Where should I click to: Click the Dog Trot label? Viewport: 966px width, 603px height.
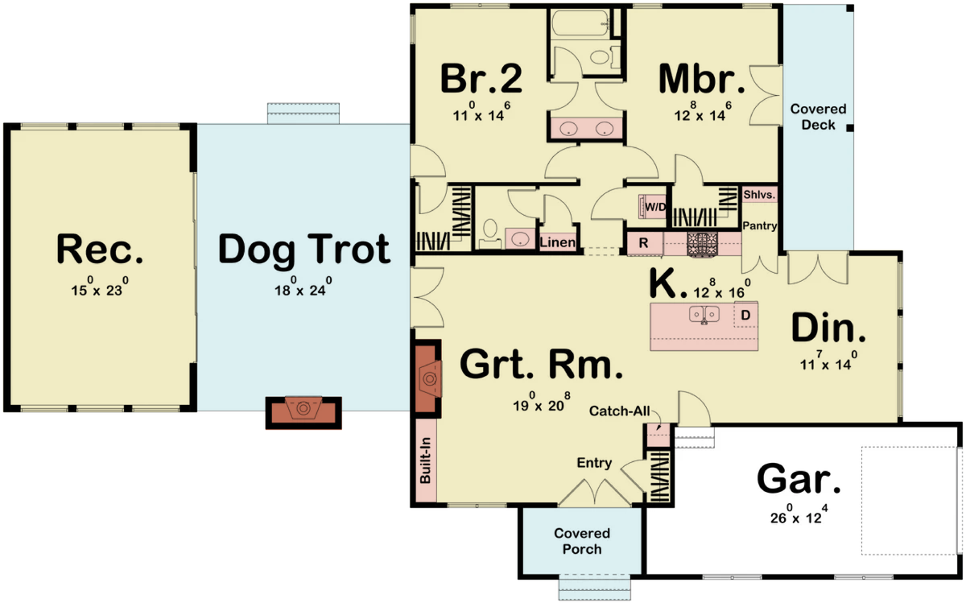tap(304, 250)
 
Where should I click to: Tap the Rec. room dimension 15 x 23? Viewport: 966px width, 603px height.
tap(100, 287)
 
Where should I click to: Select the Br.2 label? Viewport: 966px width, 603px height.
tap(481, 79)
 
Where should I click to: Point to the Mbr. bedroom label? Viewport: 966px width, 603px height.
tap(702, 79)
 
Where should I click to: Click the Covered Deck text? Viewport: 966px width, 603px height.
tap(818, 117)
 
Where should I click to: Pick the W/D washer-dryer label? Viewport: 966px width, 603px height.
tap(655, 207)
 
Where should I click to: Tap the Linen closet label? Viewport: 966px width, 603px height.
tap(557, 242)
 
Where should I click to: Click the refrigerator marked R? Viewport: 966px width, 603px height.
tap(644, 244)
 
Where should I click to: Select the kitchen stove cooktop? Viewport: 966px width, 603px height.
tap(703, 245)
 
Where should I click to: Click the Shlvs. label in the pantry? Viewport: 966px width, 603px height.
tap(759, 195)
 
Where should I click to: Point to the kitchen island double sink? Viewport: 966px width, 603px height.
tap(704, 314)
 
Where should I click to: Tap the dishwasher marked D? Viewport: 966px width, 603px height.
tap(745, 316)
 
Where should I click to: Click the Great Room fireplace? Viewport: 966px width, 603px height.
tap(428, 379)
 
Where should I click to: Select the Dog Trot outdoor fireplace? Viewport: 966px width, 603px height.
tap(303, 411)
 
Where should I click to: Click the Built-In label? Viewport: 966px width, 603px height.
tap(425, 461)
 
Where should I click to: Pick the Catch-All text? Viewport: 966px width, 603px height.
tap(619, 411)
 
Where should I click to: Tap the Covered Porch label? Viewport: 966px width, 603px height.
tap(582, 541)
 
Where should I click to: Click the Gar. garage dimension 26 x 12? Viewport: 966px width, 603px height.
tap(799, 515)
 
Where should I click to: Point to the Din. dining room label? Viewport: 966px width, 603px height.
tap(828, 328)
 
